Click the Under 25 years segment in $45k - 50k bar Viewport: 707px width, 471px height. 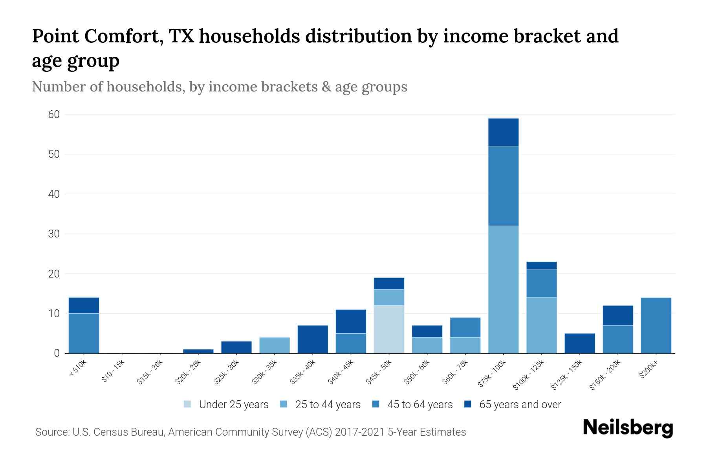click(x=389, y=329)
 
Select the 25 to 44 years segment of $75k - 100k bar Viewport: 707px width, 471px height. click(x=503, y=289)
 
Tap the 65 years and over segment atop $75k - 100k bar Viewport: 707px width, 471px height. click(x=503, y=132)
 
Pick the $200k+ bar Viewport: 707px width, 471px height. click(x=656, y=325)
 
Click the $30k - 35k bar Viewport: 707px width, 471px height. click(x=275, y=345)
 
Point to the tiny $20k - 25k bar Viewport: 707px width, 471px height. click(x=198, y=351)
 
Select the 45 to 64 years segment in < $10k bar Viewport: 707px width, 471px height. click(x=84, y=333)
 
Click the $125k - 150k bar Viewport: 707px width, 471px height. click(x=579, y=343)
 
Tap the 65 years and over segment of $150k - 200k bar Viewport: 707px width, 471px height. click(x=617, y=315)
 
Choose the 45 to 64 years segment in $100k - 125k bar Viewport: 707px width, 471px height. click(x=541, y=283)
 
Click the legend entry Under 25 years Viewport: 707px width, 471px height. click(x=233, y=405)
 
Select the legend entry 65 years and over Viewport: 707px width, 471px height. click(x=520, y=405)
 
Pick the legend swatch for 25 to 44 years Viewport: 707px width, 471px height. click(x=284, y=404)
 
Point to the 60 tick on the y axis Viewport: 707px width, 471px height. click(x=54, y=115)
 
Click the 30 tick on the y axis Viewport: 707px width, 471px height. click(x=54, y=234)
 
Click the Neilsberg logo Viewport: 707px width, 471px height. click(x=628, y=428)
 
